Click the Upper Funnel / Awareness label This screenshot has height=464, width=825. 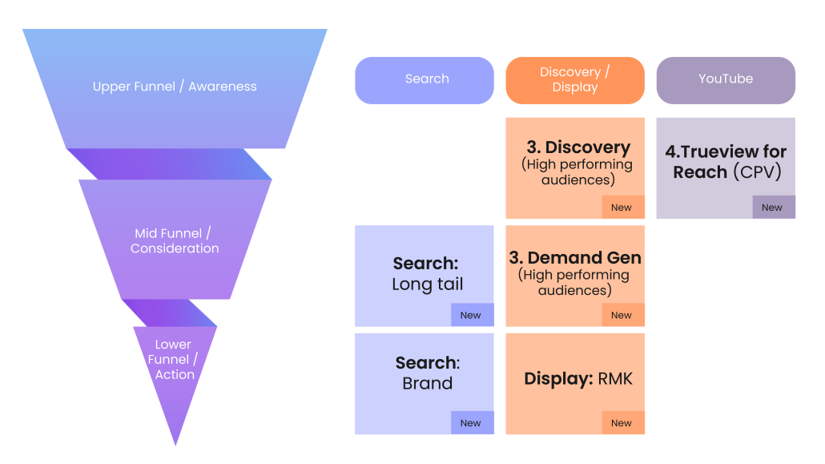pos(175,87)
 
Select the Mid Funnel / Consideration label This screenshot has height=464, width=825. pos(175,240)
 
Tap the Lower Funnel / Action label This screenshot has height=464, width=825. pos(174,360)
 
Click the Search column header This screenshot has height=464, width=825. pos(426,79)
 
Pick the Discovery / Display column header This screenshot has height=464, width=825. pos(574,79)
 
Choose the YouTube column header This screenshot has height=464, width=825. pos(725,79)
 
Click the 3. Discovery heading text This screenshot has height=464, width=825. pos(577,147)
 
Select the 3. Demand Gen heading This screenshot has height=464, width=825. pos(575,258)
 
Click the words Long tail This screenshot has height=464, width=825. pos(427,284)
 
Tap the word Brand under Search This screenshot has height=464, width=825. pos(427,383)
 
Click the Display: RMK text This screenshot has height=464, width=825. pos(577,379)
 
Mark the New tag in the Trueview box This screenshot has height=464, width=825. pos(771,208)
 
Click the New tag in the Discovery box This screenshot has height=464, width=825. pos(621,208)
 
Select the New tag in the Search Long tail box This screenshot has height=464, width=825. pos(470,315)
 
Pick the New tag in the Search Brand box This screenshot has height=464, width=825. pos(470,423)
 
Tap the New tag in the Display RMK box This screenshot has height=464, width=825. pos(621,423)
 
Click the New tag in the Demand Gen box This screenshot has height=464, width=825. pos(621,315)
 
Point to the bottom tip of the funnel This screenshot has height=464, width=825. pos(175,443)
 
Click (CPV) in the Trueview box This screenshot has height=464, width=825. pos(757,172)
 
